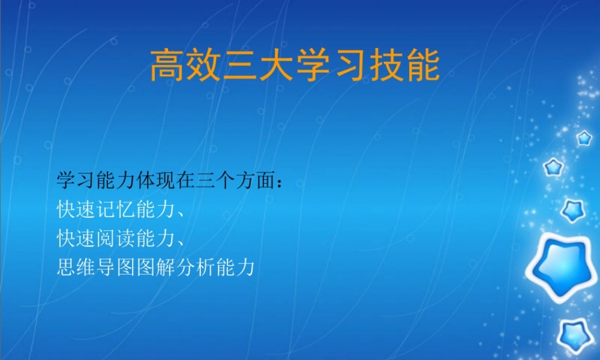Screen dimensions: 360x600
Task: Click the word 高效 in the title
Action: tap(185, 66)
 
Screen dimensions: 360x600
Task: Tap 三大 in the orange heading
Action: tap(259, 66)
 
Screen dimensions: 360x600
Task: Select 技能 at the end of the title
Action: tap(405, 66)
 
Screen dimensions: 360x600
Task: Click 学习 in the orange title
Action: tap(332, 66)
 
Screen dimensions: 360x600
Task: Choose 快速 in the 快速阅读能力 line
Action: tap(76, 238)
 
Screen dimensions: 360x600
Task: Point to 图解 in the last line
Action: tap(160, 266)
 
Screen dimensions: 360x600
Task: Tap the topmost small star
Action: tap(584, 139)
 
